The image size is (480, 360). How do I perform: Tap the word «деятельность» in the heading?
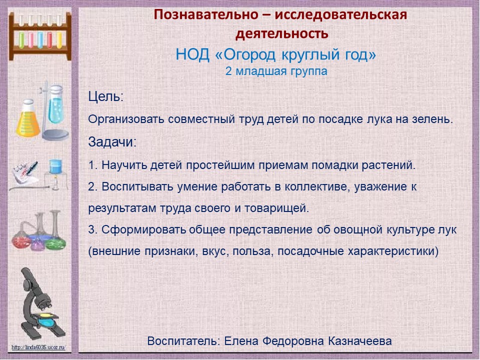coord(281,33)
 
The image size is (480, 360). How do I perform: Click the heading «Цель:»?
coord(105,96)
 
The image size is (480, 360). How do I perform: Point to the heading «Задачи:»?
coord(112,142)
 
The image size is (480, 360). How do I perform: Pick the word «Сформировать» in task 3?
coord(143,230)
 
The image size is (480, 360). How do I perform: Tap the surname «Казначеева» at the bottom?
coord(359,341)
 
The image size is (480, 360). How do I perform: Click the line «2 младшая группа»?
coord(276,71)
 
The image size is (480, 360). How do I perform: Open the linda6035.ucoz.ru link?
coord(38,347)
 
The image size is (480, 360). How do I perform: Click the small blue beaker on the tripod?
coord(55,167)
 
